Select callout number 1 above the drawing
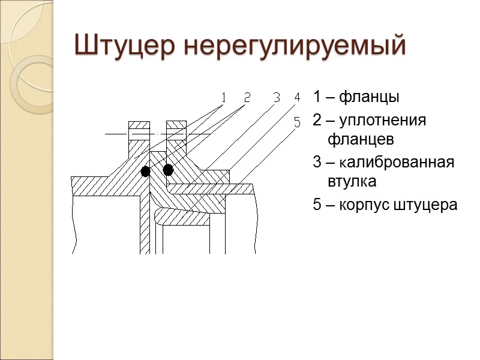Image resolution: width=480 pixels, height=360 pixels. click(223, 97)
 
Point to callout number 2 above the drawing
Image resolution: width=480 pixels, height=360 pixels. click(247, 97)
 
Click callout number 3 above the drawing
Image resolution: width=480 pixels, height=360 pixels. click(277, 97)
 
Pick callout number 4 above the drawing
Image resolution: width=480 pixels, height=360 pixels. click(297, 97)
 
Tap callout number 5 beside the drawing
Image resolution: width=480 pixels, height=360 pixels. click(297, 122)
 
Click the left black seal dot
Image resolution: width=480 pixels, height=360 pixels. click(145, 172)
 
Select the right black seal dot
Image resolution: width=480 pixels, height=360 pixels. click(168, 170)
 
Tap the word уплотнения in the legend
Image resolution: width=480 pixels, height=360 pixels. click(382, 121)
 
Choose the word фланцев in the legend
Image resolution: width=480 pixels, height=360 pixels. click(361, 140)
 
